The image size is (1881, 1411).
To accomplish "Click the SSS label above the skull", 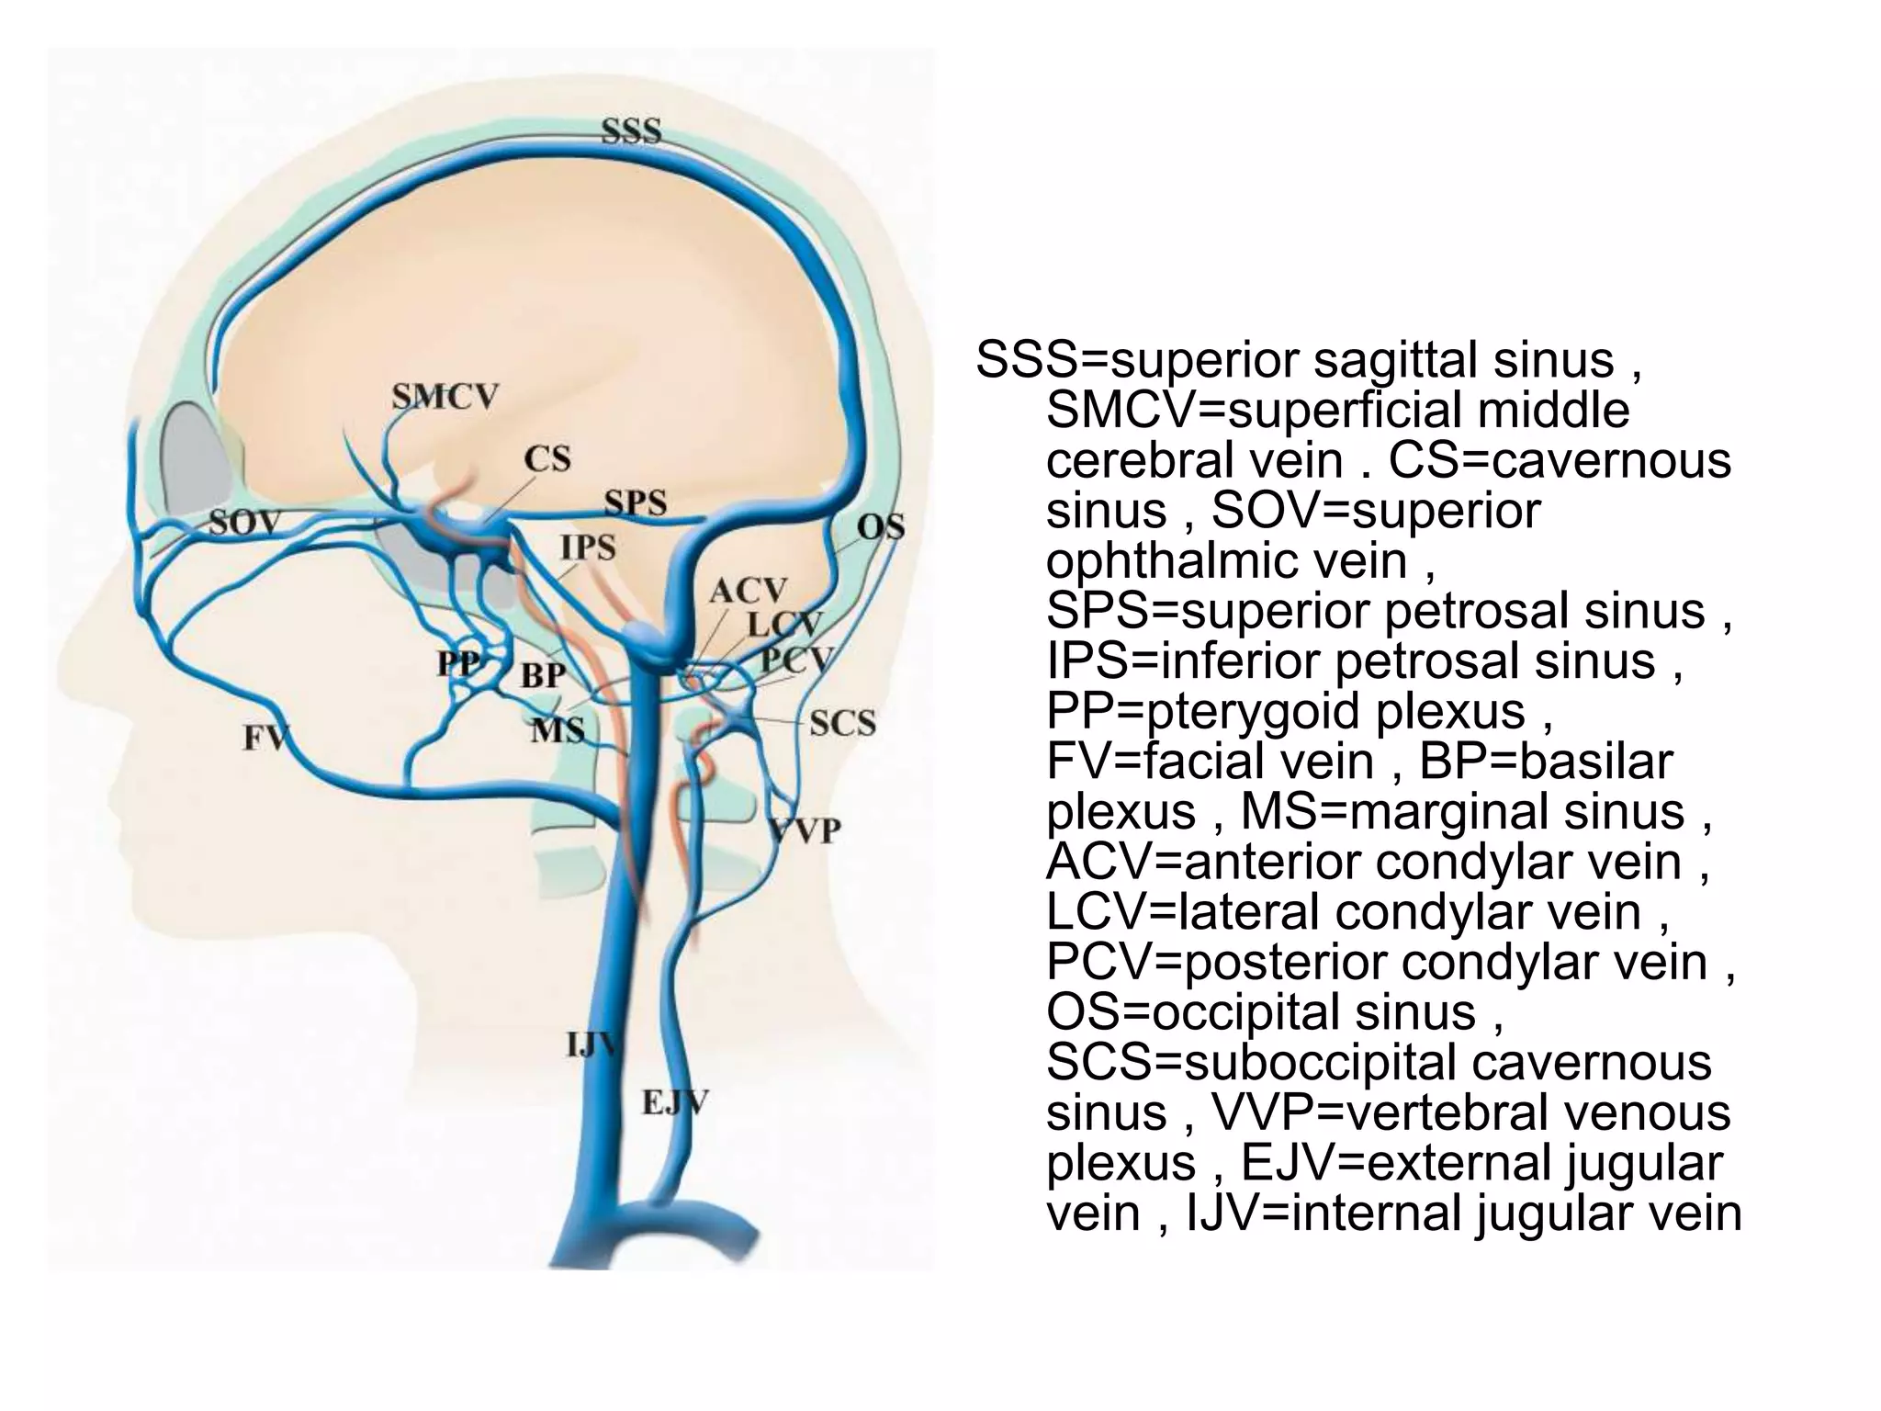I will (x=631, y=131).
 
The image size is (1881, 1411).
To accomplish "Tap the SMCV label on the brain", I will (x=445, y=397).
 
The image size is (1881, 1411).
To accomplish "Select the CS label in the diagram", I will (x=547, y=458).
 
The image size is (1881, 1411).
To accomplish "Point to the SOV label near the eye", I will (x=244, y=523).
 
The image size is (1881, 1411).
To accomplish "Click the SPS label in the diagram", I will (x=636, y=502).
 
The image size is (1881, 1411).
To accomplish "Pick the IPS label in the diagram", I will (x=588, y=547).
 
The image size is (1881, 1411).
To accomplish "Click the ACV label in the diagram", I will (x=749, y=590).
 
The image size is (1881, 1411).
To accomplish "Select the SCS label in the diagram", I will (x=842, y=723).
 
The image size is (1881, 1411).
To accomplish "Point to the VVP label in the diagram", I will (x=805, y=831).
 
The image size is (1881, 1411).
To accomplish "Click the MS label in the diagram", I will (x=558, y=730).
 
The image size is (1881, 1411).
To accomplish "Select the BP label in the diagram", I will (x=543, y=675).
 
